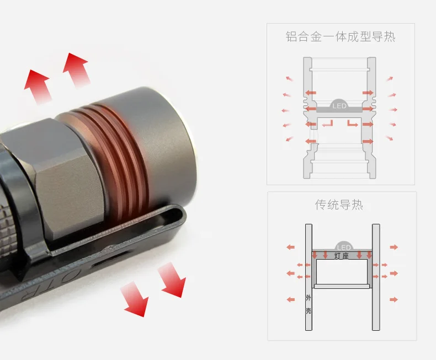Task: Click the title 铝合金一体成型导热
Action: pyautogui.click(x=341, y=37)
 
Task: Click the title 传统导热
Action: pyautogui.click(x=339, y=205)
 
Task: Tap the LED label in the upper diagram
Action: pyautogui.click(x=339, y=106)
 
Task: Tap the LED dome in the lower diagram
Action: pyautogui.click(x=344, y=246)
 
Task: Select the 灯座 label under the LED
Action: pyautogui.click(x=342, y=256)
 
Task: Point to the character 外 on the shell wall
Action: pyautogui.click(x=309, y=298)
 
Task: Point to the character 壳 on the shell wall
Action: pyautogui.click(x=309, y=310)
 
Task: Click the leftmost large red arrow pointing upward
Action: pyautogui.click(x=38, y=86)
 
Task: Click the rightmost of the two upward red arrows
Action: pyautogui.click(x=77, y=69)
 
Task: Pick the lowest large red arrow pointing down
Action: pyautogui.click(x=135, y=299)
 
